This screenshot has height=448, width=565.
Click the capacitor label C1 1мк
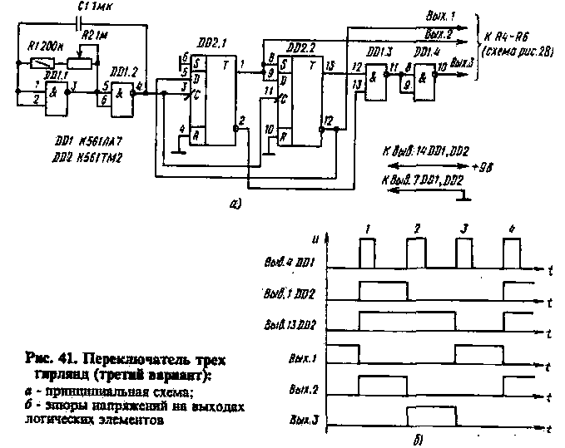pos(97,7)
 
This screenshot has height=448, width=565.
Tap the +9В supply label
pos(483,165)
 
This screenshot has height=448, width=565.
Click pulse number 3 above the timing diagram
pos(464,227)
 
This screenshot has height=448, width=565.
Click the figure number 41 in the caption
pos(57,360)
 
